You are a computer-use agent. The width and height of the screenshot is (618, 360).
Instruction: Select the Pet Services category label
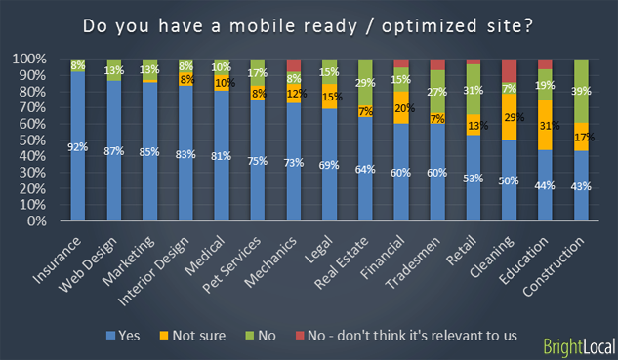click(236, 259)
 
